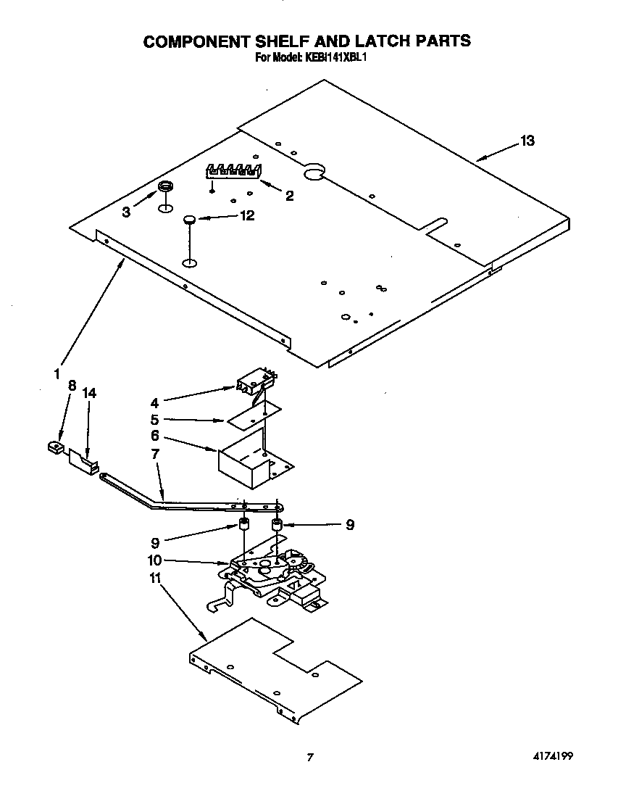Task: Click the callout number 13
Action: click(x=527, y=141)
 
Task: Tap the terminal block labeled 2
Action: click(x=233, y=173)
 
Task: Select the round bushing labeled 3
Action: click(x=166, y=189)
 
